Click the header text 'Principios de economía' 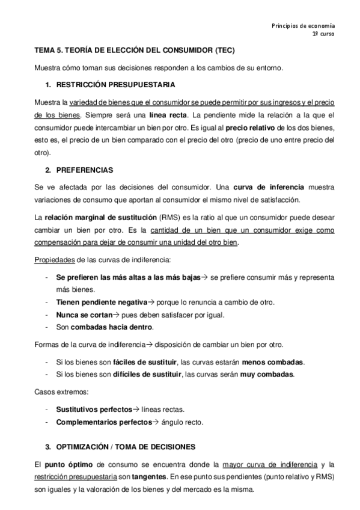point(303,25)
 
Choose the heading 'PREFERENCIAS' point(83,170)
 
